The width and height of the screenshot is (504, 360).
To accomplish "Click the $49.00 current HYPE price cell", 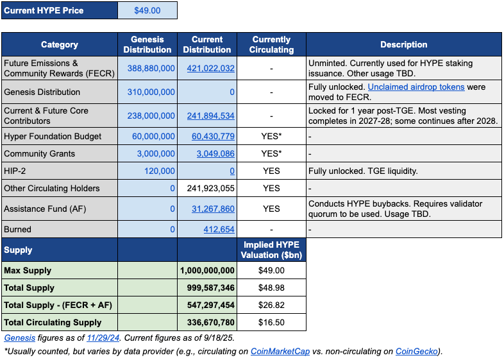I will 147,10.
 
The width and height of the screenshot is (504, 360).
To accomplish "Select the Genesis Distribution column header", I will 147,44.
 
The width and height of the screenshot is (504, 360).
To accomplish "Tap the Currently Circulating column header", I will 271,44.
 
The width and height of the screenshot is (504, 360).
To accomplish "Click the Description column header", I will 403,44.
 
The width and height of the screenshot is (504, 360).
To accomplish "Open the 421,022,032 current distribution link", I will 210,68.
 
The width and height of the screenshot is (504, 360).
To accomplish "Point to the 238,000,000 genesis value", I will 149,116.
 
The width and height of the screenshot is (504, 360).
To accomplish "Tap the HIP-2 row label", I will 16,171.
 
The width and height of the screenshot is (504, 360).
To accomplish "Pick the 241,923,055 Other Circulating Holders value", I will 208,189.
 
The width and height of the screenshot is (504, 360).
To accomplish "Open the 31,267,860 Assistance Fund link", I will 213,209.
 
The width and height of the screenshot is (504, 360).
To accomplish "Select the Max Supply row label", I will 28,270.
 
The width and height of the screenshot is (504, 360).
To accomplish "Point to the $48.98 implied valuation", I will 271,287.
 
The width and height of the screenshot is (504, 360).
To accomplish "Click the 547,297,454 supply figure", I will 208,305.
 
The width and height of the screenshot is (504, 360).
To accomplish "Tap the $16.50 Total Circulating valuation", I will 271,322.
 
